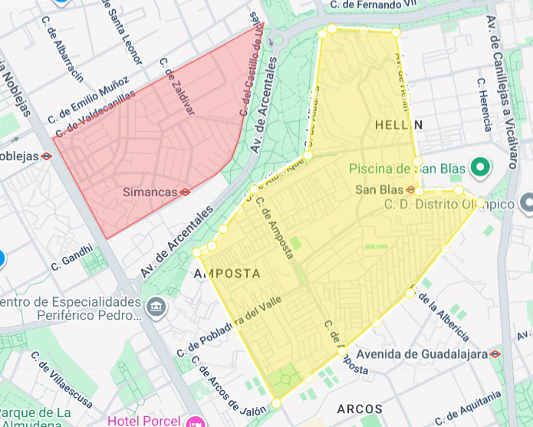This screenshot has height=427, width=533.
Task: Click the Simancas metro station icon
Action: (x=185, y=192)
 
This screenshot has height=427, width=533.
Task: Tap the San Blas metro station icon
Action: (x=411, y=189)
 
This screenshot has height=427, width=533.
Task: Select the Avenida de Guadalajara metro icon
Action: (x=495, y=353)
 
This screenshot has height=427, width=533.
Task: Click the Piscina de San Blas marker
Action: (x=481, y=166)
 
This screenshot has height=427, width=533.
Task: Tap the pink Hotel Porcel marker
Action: (x=196, y=421)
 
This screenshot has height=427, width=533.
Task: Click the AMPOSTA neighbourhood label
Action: (x=228, y=274)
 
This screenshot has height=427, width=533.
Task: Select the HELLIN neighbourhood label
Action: (x=399, y=124)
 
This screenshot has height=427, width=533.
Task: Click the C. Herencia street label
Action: (x=484, y=103)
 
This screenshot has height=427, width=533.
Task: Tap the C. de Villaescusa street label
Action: (x=62, y=381)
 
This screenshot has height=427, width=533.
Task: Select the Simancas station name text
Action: (x=150, y=192)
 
